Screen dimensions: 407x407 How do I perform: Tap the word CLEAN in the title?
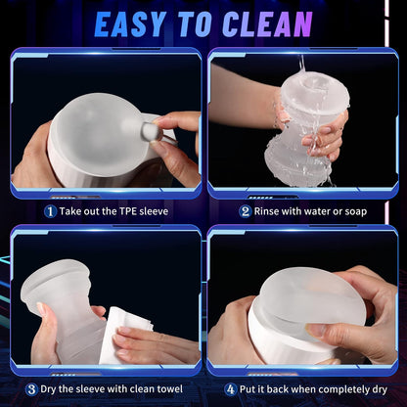pos(266,23)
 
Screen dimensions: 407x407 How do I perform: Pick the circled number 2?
pos(245,209)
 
